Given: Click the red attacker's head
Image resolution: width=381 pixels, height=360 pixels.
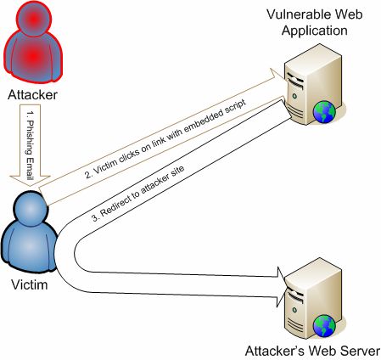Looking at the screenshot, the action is coord(34,19).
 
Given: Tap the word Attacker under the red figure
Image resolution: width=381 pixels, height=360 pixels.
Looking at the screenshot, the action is coord(32,95).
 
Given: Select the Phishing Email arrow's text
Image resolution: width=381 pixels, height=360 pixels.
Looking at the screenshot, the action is coord(30,146).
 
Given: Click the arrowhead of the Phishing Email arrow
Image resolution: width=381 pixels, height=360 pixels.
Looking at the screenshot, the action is coord(30,181).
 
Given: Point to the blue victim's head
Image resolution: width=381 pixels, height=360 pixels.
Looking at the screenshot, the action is coord(30,209).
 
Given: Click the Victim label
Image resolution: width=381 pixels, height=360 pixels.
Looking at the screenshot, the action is coord(30,284).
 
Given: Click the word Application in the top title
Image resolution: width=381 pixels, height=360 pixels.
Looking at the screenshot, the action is coord(315,31).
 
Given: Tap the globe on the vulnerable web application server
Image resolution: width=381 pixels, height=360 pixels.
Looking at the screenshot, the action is coord(324,112).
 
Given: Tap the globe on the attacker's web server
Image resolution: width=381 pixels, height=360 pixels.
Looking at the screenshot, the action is coord(324,326).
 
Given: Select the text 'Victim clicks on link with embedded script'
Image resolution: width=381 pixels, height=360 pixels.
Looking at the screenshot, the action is coord(166,138).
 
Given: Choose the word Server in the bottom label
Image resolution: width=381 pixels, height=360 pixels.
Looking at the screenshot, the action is coord(360,351).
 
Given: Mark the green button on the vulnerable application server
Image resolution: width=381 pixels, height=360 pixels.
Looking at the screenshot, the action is coord(294,96).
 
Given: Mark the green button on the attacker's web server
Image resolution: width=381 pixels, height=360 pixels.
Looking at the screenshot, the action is coord(294,310).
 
